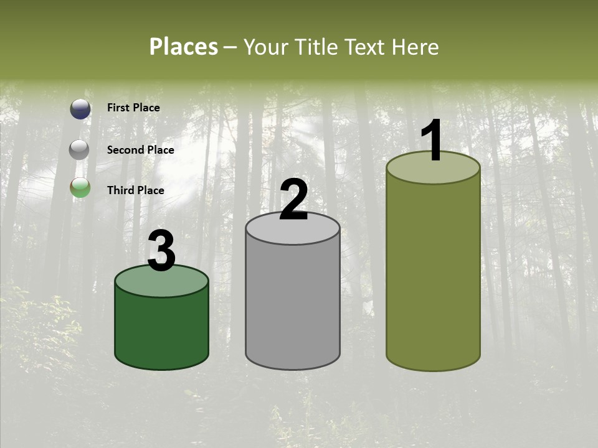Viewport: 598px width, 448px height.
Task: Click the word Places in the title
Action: [184, 47]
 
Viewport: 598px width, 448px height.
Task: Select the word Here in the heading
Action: [415, 47]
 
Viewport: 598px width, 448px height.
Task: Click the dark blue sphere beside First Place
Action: [80, 109]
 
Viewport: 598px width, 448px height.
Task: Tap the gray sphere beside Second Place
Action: [80, 150]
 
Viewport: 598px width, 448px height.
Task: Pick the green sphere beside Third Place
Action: [80, 187]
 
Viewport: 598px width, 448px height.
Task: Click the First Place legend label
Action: [133, 108]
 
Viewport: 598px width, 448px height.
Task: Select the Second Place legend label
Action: [140, 150]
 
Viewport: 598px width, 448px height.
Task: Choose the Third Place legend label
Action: [135, 190]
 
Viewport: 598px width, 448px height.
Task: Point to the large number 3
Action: [161, 251]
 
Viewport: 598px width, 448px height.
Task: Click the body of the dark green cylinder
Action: [161, 330]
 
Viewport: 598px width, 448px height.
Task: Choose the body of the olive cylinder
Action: [433, 274]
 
